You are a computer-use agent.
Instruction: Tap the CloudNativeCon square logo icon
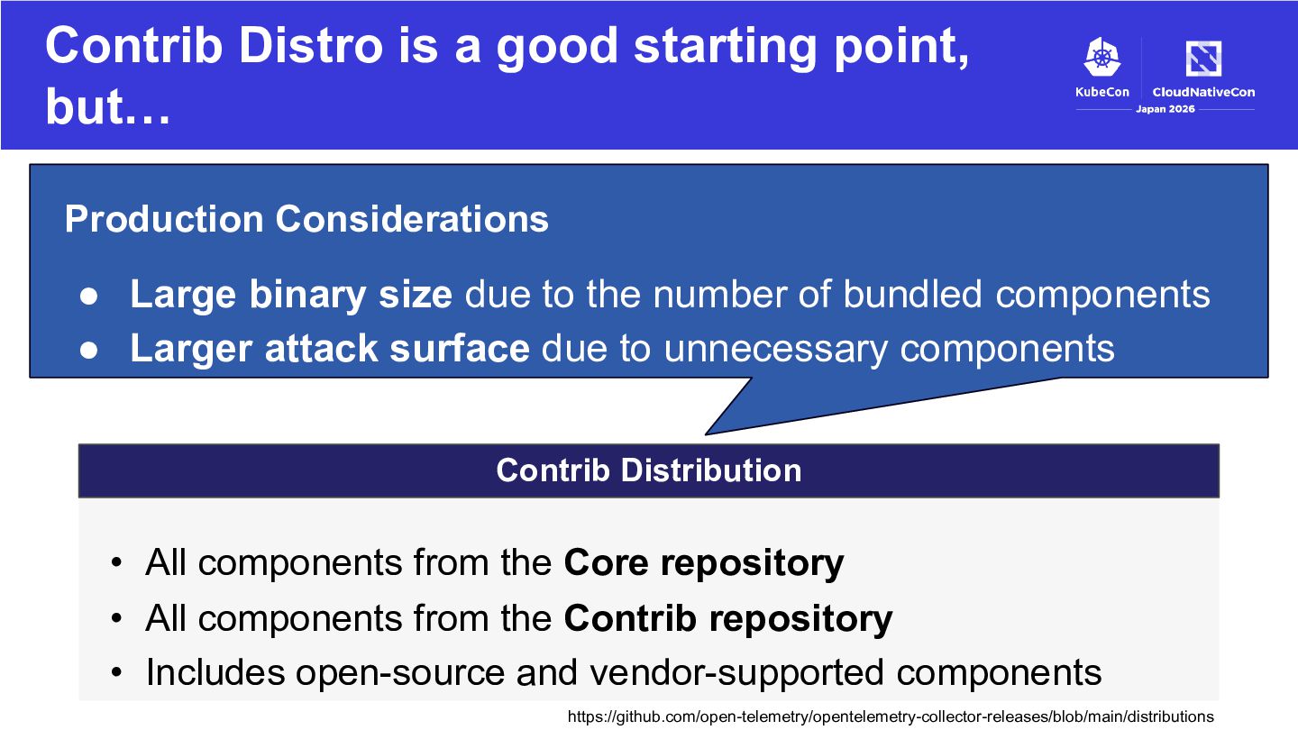(1203, 58)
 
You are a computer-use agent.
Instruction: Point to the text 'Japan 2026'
(1165, 109)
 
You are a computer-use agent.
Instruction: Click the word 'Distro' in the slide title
(311, 45)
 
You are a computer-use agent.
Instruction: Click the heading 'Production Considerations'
(306, 219)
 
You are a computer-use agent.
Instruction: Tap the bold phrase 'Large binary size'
(291, 295)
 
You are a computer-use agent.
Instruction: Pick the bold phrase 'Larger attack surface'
(330, 348)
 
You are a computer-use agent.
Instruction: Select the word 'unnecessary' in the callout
(776, 350)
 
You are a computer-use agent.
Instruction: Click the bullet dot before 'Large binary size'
(88, 296)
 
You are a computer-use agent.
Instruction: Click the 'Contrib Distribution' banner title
(649, 470)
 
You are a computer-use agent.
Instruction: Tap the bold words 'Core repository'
(703, 562)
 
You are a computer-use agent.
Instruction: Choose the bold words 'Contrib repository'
(727, 618)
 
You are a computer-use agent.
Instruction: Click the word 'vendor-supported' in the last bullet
(737, 672)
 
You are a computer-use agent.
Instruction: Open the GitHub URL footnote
(891, 716)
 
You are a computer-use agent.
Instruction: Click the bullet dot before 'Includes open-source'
(117, 672)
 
